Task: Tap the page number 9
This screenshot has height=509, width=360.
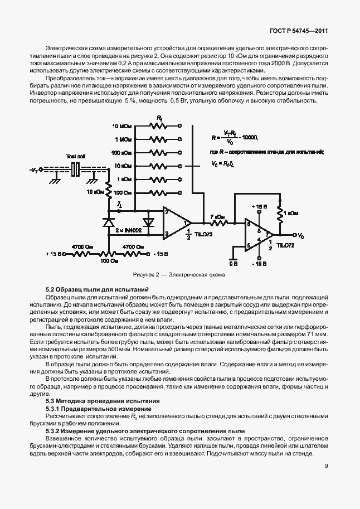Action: click(x=327, y=476)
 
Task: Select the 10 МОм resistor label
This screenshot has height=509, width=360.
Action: click(x=122, y=127)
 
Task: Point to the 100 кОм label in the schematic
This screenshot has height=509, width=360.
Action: click(x=121, y=153)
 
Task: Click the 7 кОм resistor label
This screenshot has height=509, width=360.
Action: click(x=218, y=216)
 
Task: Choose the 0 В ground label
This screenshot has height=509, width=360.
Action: click(x=233, y=262)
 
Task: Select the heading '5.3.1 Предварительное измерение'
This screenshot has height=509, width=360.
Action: click(x=98, y=409)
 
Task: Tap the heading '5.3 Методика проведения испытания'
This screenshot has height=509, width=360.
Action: click(x=102, y=401)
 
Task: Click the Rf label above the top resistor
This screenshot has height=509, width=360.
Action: click(x=160, y=119)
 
